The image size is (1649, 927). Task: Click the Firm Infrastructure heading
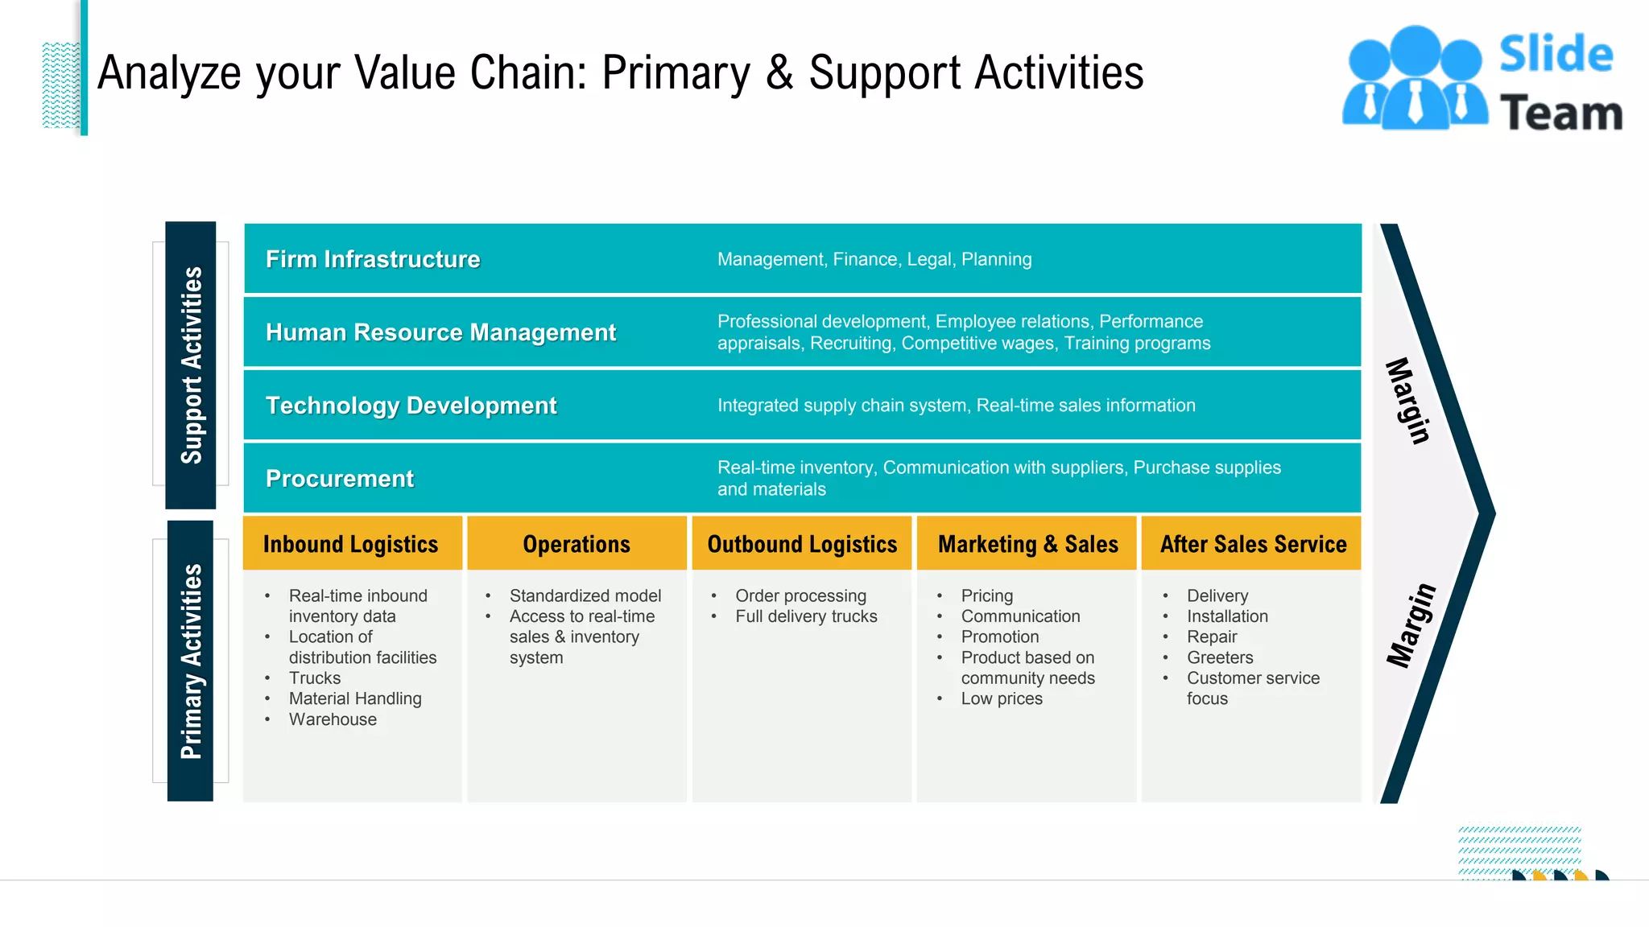pos(373,259)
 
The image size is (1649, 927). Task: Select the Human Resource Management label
pos(440,332)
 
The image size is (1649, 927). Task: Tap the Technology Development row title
pos(411,406)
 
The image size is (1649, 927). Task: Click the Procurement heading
pos(340,479)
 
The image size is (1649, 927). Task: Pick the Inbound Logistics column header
pos(350,545)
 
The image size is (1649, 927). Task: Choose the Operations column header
pos(577,545)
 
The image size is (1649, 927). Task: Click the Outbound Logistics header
pos(802,545)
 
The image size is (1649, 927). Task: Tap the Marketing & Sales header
pos(1028,545)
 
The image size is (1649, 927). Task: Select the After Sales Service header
pos(1253,545)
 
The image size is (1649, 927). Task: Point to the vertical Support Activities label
pos(191,365)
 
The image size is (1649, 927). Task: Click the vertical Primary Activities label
pos(191,661)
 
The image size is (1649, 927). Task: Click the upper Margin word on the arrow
pos(1408,401)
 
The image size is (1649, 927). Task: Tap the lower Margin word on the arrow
pos(1411,625)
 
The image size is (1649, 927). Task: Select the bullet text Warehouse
pos(333,719)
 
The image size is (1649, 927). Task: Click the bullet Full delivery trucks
pos(806,616)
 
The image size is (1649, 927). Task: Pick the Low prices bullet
pos(1002,698)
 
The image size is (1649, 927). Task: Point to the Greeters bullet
pos(1220,657)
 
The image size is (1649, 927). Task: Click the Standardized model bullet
pos(585,595)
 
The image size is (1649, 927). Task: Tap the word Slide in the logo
pos(1556,54)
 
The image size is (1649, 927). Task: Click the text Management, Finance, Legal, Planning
pos(874,259)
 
